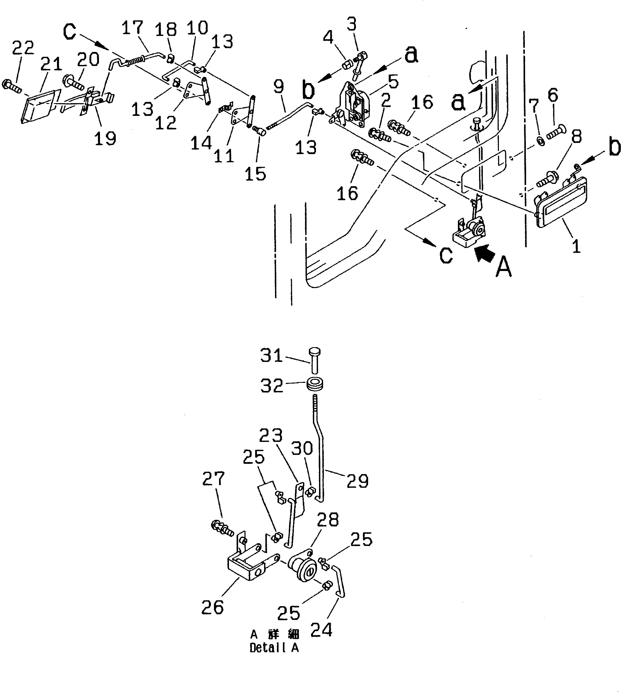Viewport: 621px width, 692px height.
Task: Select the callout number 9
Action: [279, 87]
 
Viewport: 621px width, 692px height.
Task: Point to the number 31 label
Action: [272, 356]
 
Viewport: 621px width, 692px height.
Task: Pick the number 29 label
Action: [358, 481]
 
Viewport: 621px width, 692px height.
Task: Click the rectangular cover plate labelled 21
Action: [39, 105]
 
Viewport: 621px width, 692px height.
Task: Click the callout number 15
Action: [255, 173]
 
